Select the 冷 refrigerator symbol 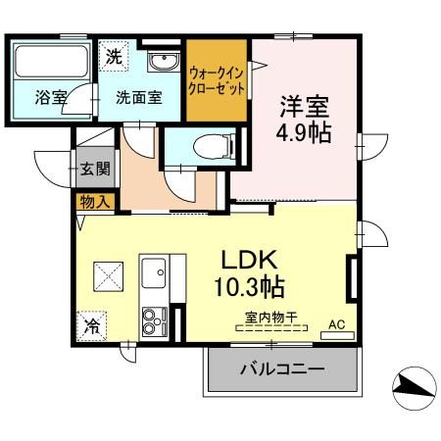coord(92,323)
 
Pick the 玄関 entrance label coord(93,168)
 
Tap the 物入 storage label coord(95,202)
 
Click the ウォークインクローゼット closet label coord(217,79)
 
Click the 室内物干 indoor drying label coord(271,316)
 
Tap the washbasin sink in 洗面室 coord(161,62)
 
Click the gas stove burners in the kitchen coord(155,320)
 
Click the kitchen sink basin coord(154,272)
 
